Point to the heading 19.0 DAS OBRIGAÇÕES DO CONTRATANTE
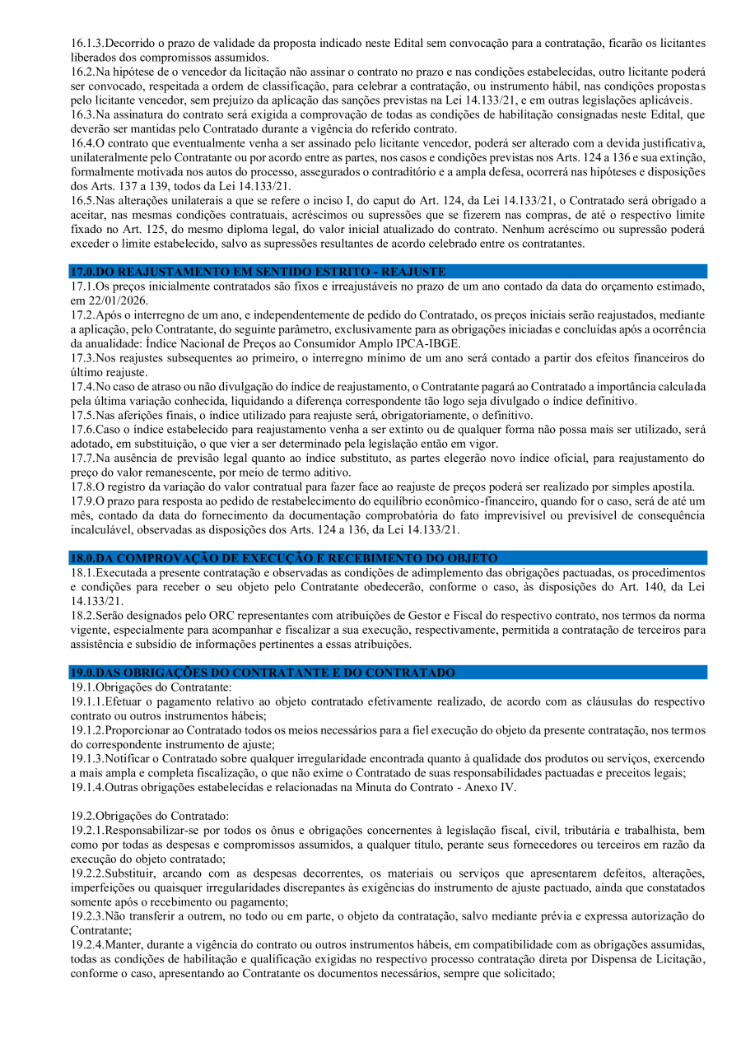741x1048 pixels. (263, 673)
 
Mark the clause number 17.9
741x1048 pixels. (82, 501)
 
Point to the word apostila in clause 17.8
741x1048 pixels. (673, 486)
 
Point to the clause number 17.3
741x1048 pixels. (82, 358)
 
